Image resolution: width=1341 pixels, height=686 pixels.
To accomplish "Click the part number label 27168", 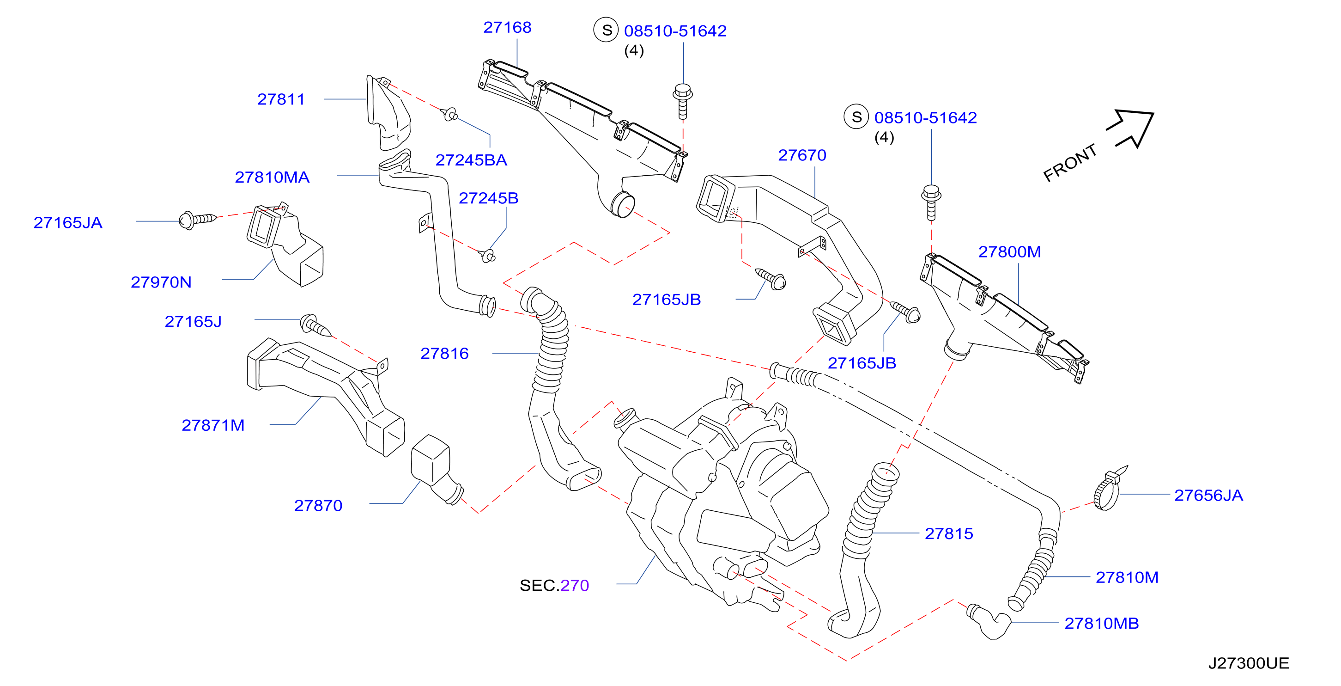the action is coord(507,27).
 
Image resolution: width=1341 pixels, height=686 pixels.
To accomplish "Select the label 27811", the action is coord(281,99).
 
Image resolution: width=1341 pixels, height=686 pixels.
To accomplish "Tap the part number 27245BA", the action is coord(471,160).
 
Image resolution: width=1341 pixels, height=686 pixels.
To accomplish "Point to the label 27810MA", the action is coord(272,177).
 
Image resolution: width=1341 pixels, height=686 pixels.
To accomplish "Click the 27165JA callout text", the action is coord(68,222).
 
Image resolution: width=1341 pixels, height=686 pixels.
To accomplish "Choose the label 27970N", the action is coord(161,282).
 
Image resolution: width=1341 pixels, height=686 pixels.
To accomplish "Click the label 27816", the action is coord(444,353).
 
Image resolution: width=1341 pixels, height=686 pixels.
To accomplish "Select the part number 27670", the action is coord(802,155).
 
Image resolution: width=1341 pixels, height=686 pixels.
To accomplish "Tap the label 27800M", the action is coord(1009,251).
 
